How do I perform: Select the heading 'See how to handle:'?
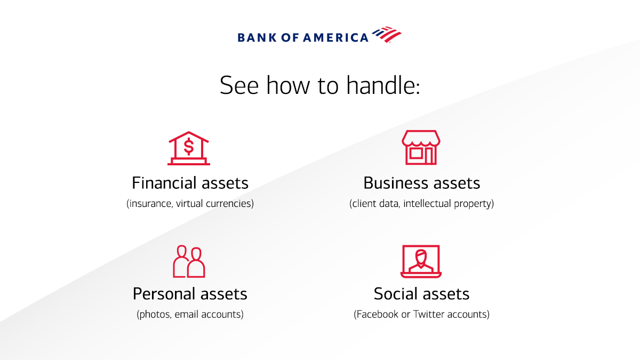click(320, 85)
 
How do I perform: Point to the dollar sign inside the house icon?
click(188, 145)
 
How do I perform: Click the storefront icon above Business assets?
click(421, 147)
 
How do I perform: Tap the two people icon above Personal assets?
click(189, 261)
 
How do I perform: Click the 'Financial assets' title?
click(190, 183)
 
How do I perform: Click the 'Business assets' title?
click(421, 183)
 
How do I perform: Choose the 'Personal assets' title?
click(190, 294)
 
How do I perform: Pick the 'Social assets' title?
click(421, 294)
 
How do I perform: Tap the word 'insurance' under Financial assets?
click(149, 204)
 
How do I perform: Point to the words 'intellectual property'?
click(448, 204)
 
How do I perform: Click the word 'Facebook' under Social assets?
click(377, 315)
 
